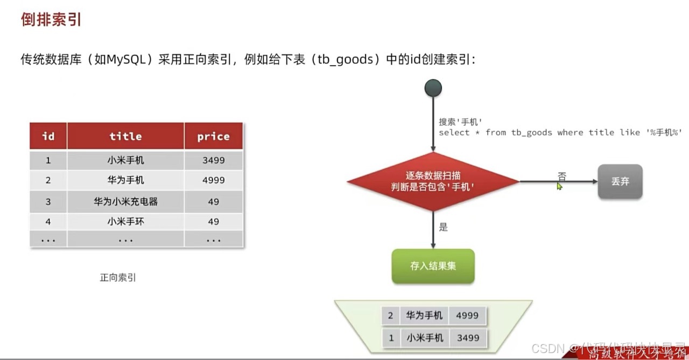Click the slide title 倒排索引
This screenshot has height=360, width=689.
click(x=51, y=20)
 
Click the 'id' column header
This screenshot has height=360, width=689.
click(x=48, y=136)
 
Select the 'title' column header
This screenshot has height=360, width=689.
click(x=125, y=136)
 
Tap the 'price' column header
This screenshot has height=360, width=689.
click(x=213, y=136)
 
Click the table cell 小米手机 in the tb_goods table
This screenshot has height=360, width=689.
click(x=125, y=160)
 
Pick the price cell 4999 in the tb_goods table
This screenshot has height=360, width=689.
click(x=213, y=180)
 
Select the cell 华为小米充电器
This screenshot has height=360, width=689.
click(x=125, y=202)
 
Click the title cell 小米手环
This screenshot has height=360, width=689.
click(x=125, y=221)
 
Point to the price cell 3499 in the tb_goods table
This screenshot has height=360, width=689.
click(x=213, y=160)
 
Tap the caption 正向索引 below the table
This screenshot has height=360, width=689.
click(x=118, y=278)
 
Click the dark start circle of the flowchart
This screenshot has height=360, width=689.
click(x=433, y=88)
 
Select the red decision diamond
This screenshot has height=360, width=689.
click(x=433, y=181)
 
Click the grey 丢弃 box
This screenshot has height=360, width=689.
click(x=620, y=181)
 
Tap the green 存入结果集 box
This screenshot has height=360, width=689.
click(x=433, y=266)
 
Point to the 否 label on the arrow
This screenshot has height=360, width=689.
click(x=562, y=176)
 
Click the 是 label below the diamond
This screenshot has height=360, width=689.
click(x=443, y=227)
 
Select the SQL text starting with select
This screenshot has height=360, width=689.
click(x=560, y=132)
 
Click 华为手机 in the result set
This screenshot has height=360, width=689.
click(x=424, y=315)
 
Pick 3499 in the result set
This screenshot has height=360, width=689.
click(x=467, y=338)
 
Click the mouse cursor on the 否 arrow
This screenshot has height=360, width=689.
click(x=559, y=186)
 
